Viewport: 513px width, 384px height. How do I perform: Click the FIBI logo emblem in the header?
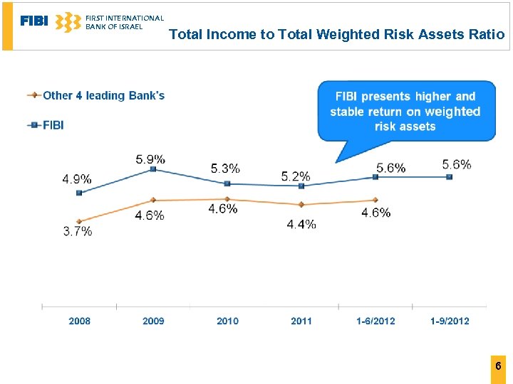click(68, 22)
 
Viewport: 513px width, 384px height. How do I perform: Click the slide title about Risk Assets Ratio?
click(336, 34)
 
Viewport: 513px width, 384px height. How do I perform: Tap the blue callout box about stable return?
click(405, 111)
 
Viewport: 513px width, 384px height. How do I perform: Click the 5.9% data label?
click(150, 159)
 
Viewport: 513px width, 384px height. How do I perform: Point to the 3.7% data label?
click(77, 231)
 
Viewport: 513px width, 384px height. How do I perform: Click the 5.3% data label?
click(225, 169)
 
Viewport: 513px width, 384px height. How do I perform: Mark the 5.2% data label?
click(296, 176)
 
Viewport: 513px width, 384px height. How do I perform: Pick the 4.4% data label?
click(301, 224)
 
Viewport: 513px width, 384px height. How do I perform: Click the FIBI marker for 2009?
click(153, 170)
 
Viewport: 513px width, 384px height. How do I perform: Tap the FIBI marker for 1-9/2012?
click(450, 177)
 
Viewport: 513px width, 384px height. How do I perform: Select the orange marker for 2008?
click(79, 221)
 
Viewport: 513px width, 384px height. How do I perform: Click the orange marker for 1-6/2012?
click(375, 200)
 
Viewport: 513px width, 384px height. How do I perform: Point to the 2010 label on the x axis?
click(227, 321)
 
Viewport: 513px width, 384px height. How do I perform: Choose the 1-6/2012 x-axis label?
click(375, 321)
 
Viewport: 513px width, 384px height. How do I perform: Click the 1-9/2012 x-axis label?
click(450, 321)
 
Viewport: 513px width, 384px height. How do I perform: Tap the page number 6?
click(498, 367)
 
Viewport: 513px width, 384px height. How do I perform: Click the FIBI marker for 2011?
click(301, 186)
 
